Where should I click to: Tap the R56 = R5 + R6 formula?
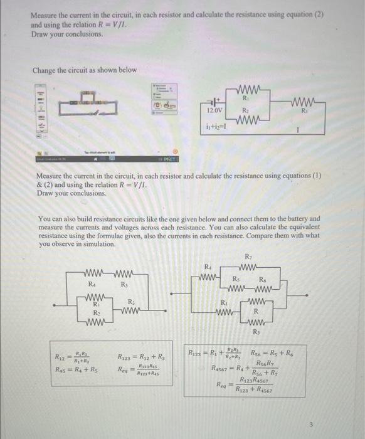pyautogui.click(x=272, y=353)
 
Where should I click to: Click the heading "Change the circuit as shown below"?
pyautogui.click(x=84, y=70)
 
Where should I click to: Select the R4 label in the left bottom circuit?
pyautogui.click(x=92, y=285)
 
